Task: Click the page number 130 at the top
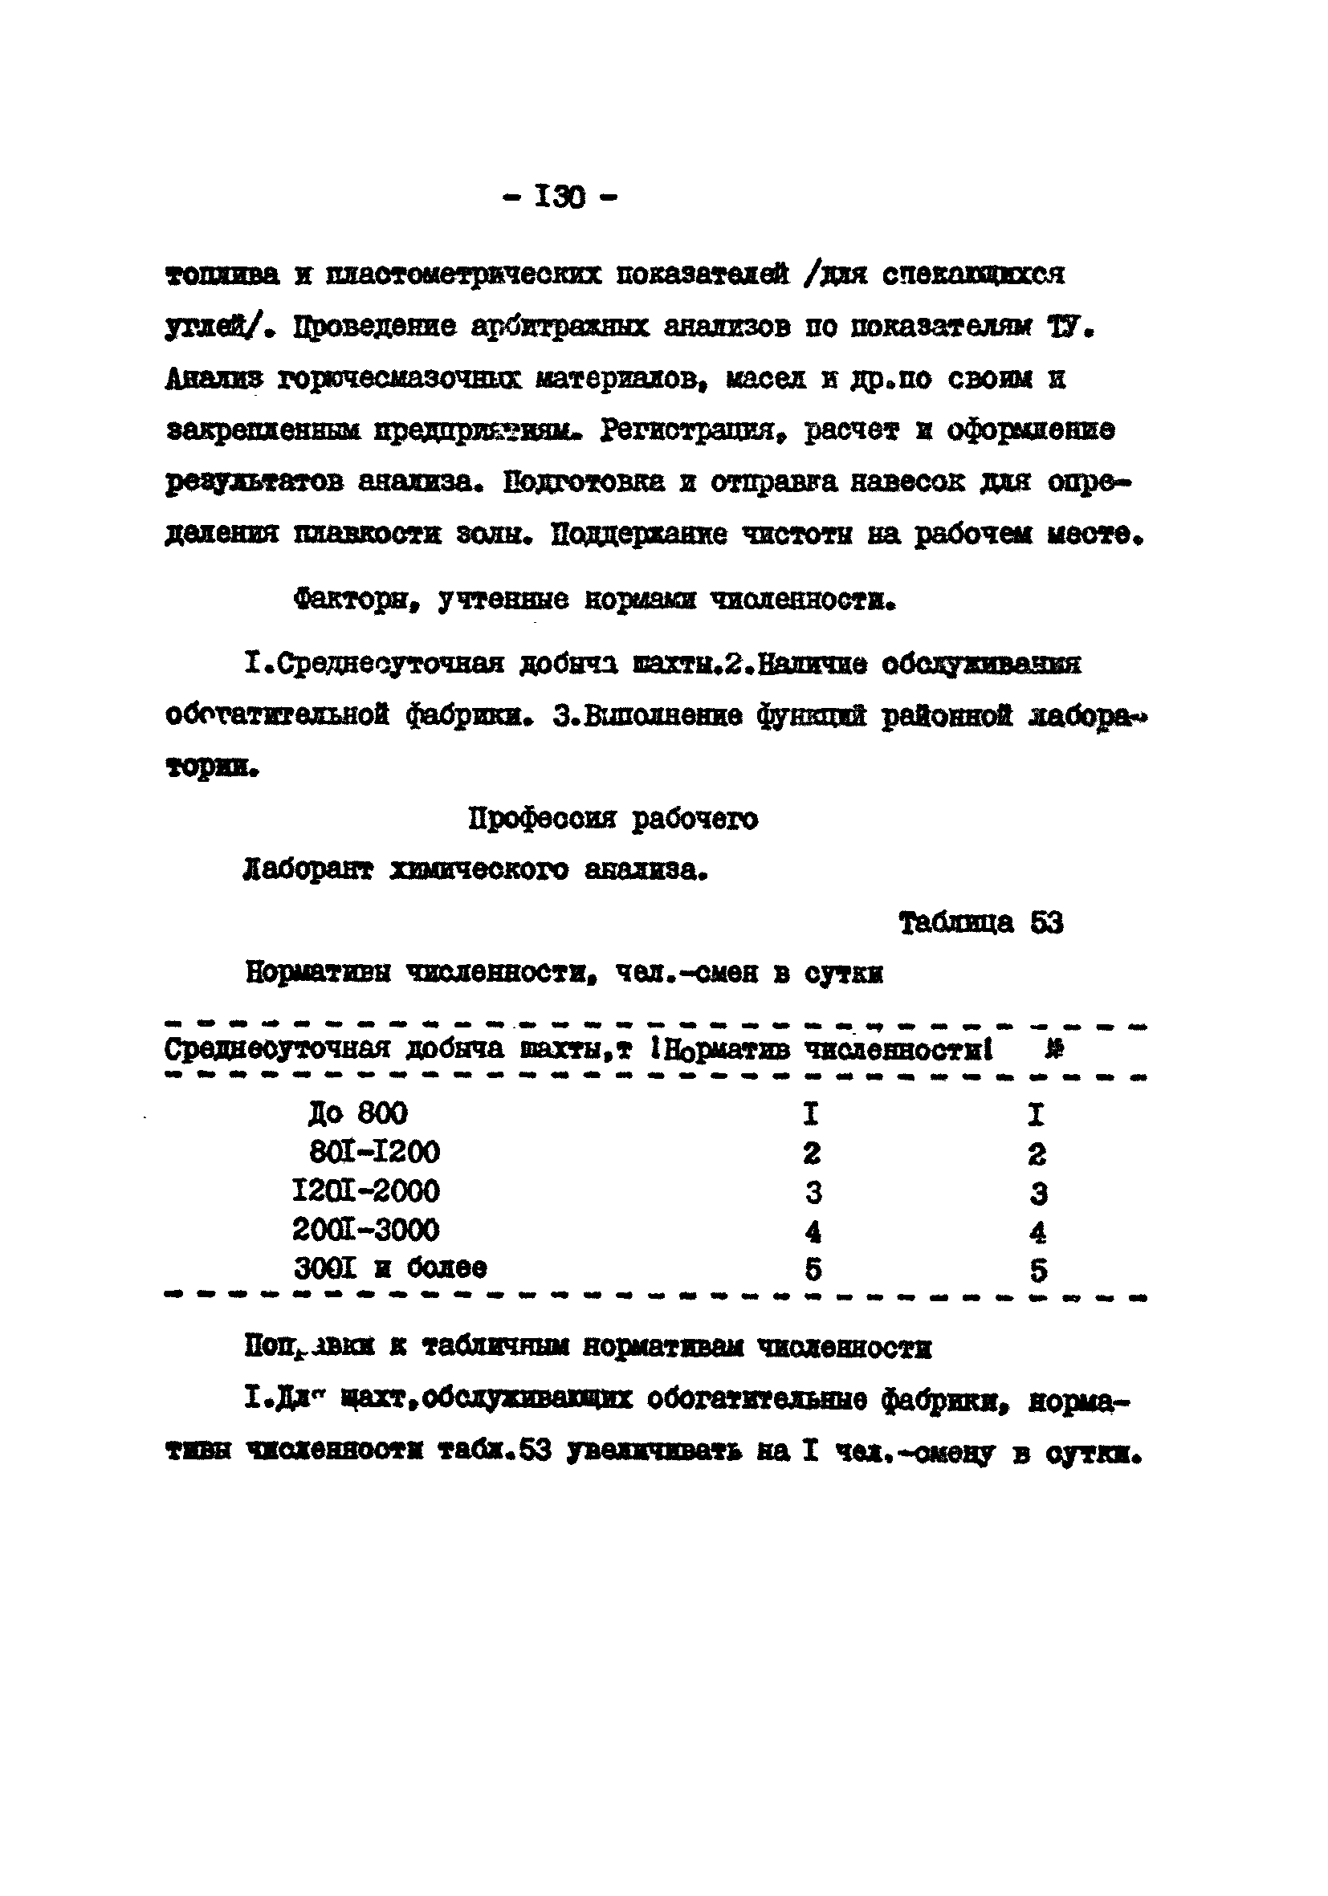[560, 197]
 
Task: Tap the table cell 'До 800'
[357, 1114]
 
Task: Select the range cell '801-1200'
[374, 1152]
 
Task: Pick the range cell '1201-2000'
[366, 1190]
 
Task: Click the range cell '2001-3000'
[366, 1230]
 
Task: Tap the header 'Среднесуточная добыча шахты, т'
[398, 1050]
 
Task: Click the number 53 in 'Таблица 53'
[1046, 922]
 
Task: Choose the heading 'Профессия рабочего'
[613, 820]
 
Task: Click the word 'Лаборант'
[308, 870]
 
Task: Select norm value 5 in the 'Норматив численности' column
[813, 1269]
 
